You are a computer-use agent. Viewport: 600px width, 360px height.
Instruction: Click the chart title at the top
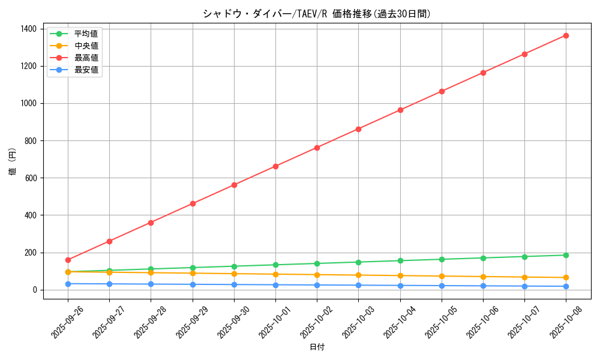pyautogui.click(x=317, y=14)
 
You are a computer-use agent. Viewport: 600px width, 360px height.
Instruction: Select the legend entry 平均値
pyautogui.click(x=86, y=34)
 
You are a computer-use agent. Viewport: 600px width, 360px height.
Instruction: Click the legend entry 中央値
pyautogui.click(x=86, y=46)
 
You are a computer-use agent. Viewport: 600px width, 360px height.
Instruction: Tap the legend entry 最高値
pyautogui.click(x=86, y=58)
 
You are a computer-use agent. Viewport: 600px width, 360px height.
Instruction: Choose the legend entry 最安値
pyautogui.click(x=86, y=70)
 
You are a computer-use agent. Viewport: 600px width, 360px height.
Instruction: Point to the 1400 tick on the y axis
pyautogui.click(x=28, y=29)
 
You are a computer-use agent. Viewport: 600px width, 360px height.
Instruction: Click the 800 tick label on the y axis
pyautogui.click(x=30, y=141)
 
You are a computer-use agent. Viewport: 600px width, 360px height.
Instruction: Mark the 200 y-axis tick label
pyautogui.click(x=30, y=253)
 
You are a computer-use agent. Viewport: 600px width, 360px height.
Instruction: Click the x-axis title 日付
pyautogui.click(x=317, y=347)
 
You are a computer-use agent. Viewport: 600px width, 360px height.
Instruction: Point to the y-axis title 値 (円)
pyautogui.click(x=13, y=162)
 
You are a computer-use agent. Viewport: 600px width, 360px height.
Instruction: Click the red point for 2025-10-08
pyautogui.click(x=566, y=35)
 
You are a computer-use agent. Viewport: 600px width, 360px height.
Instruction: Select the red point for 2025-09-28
pyautogui.click(x=151, y=223)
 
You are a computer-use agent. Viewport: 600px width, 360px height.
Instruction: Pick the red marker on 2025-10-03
pyautogui.click(x=358, y=129)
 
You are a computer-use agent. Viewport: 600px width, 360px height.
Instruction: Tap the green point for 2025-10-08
pyautogui.click(x=566, y=255)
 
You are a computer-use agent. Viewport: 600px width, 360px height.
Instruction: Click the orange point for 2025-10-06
pyautogui.click(x=483, y=277)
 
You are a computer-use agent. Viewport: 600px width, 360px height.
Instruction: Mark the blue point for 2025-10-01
pyautogui.click(x=275, y=285)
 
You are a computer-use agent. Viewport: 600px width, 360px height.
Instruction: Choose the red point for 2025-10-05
pyautogui.click(x=442, y=91)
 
